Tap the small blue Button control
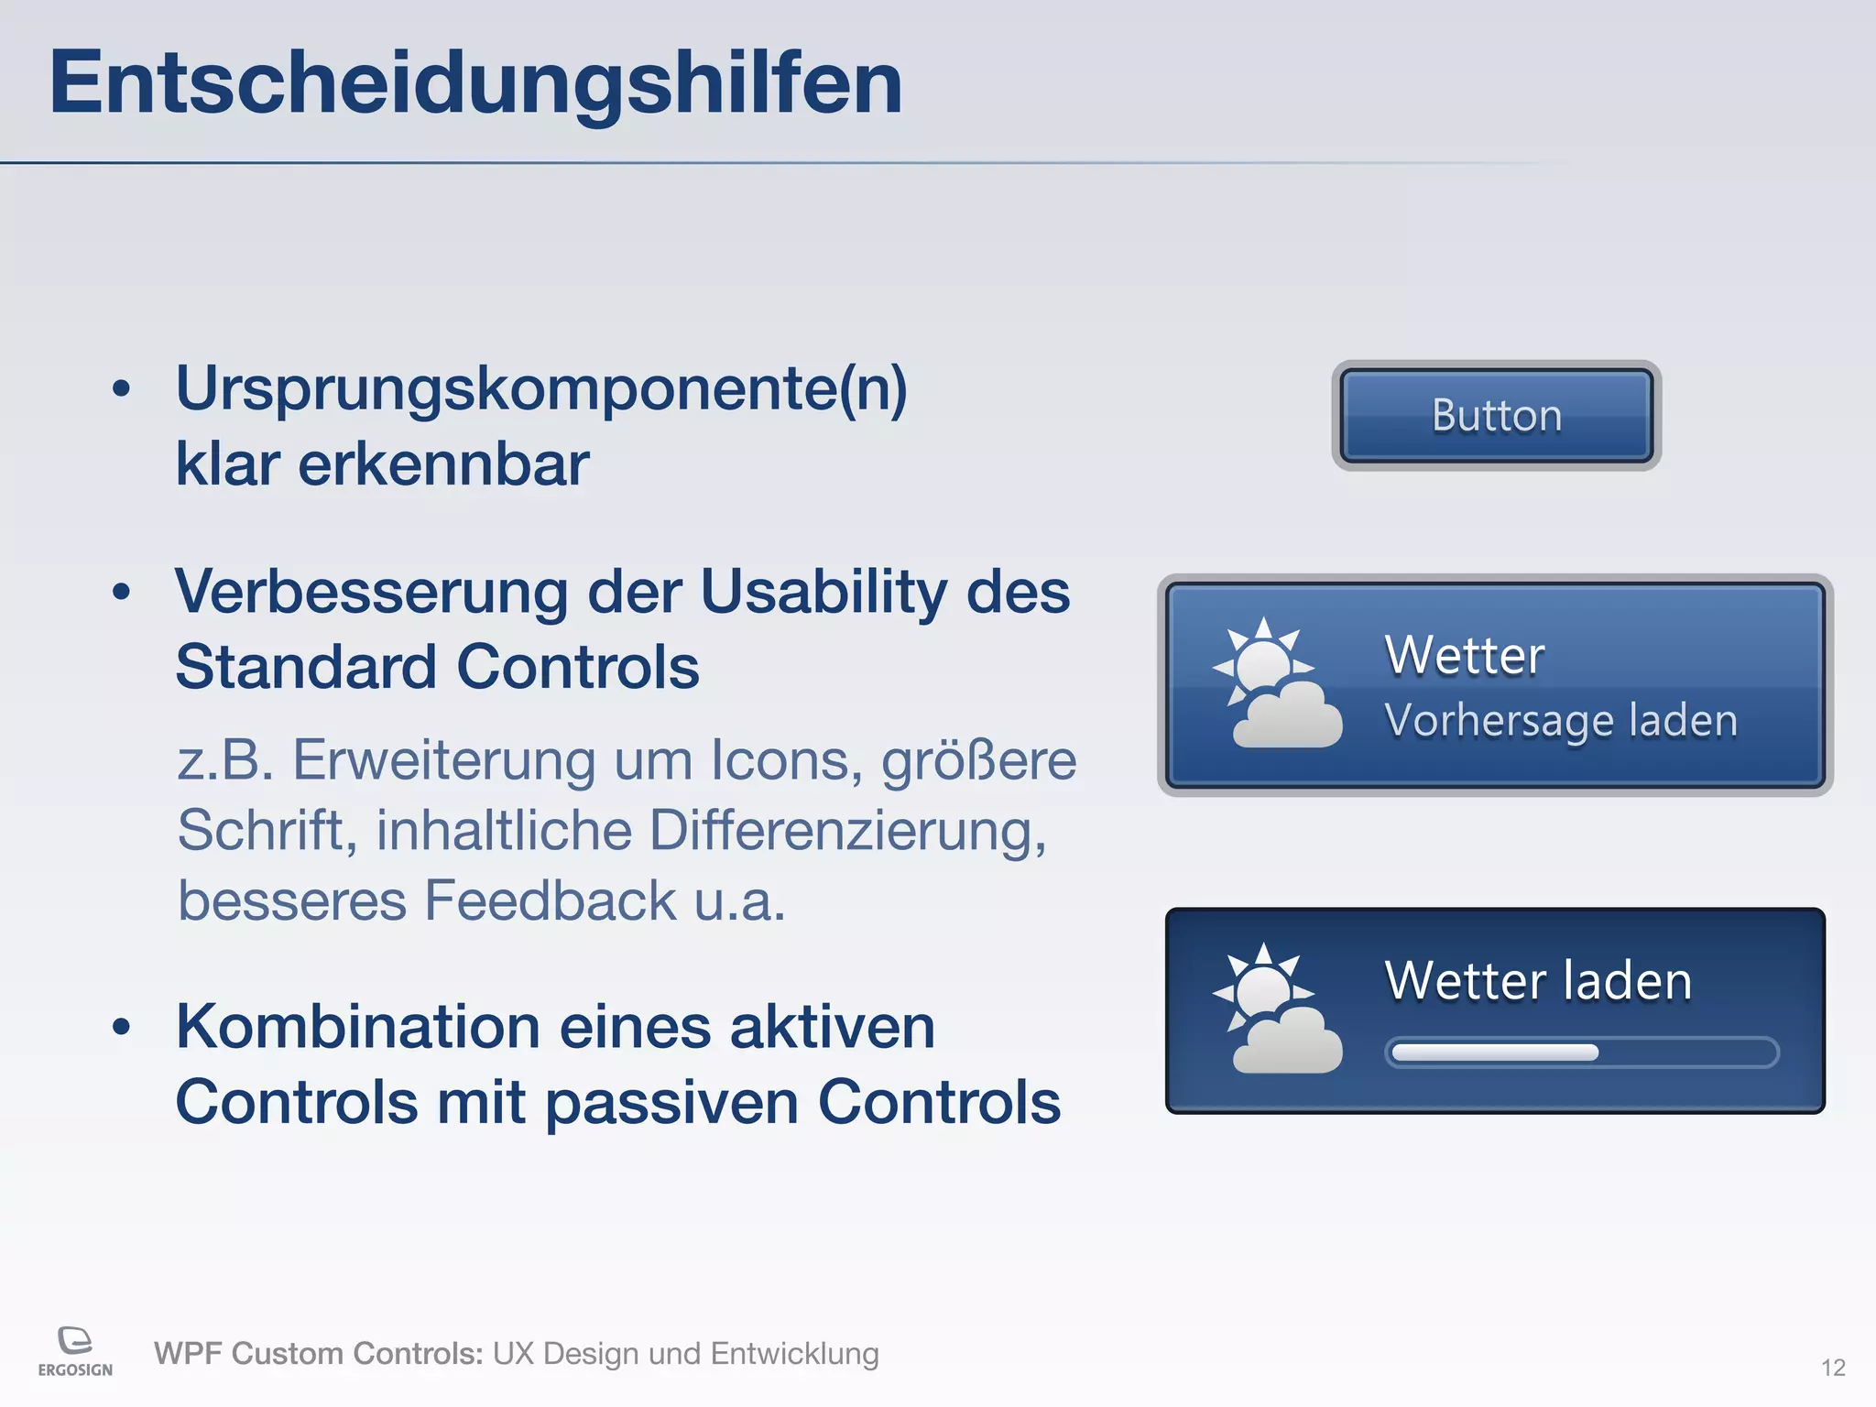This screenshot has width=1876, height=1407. [x=1496, y=416]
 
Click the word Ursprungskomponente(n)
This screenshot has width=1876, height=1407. [x=540, y=389]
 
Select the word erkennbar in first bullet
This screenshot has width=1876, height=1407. [x=443, y=464]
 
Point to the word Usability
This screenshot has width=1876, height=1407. [x=823, y=592]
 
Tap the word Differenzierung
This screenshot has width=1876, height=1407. [x=847, y=831]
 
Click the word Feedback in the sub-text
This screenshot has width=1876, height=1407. [x=550, y=900]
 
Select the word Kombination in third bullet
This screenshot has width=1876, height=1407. [x=357, y=1027]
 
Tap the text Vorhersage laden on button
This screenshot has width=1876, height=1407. [x=1561, y=720]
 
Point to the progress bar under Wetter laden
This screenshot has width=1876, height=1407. [x=1581, y=1053]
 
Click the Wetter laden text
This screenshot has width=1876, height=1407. [x=1538, y=981]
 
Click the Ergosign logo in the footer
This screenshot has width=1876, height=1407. [x=75, y=1351]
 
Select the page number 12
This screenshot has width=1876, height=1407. [x=1833, y=1368]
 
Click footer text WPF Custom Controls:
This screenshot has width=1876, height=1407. [x=318, y=1354]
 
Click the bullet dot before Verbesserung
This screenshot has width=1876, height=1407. [x=121, y=593]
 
